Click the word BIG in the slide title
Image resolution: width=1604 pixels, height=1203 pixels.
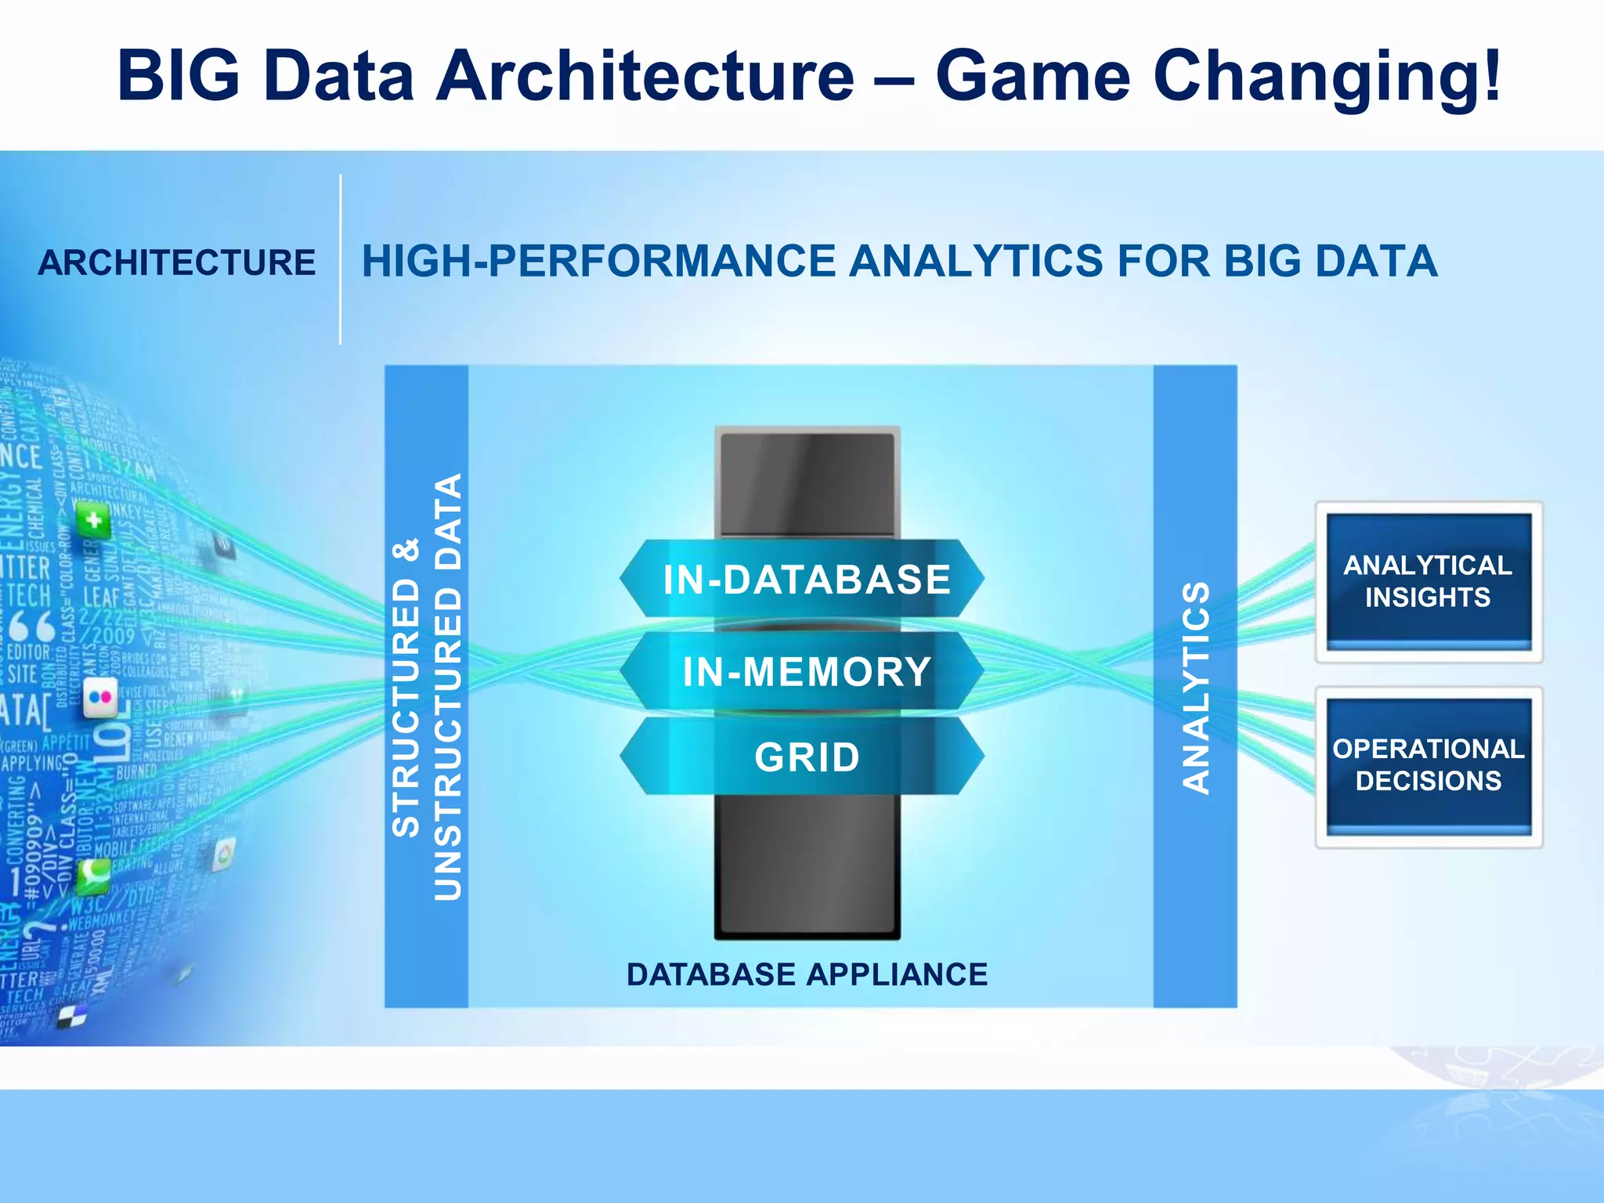(x=179, y=76)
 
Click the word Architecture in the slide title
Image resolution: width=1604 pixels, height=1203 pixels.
(x=645, y=76)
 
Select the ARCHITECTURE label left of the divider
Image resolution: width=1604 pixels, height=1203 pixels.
(x=177, y=262)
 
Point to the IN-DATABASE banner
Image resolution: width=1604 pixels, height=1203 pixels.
(x=806, y=580)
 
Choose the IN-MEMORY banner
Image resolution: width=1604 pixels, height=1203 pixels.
(x=806, y=672)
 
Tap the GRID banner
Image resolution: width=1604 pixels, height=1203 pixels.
(x=806, y=757)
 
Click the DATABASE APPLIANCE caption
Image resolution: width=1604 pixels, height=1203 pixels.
(x=807, y=974)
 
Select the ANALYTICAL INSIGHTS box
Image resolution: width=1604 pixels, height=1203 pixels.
(x=1428, y=581)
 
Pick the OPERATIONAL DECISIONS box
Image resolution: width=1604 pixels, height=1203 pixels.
(x=1428, y=765)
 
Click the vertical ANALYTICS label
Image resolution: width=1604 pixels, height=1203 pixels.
(x=1196, y=688)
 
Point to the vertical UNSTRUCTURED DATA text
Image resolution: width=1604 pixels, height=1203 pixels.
(x=448, y=686)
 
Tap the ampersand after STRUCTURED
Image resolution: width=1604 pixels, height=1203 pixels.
(x=406, y=549)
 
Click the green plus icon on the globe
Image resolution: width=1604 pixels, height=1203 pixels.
(x=94, y=519)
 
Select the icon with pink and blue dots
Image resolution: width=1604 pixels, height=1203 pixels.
(x=100, y=697)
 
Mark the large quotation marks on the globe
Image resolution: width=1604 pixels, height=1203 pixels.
(x=31, y=626)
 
